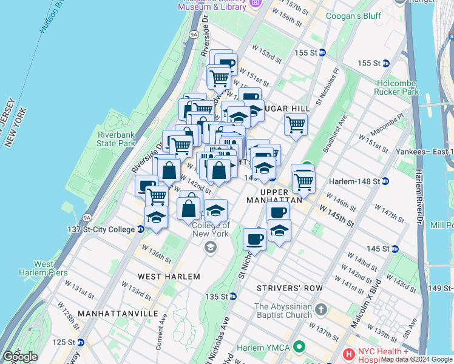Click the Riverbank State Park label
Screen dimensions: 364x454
tap(116, 139)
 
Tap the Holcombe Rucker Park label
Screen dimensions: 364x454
tap(398, 87)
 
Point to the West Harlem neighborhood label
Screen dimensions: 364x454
tap(169, 276)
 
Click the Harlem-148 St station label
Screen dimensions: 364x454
tap(354, 181)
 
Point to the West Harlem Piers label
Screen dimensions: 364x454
tap(50, 268)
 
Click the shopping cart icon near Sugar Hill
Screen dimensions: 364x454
tap(296, 124)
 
